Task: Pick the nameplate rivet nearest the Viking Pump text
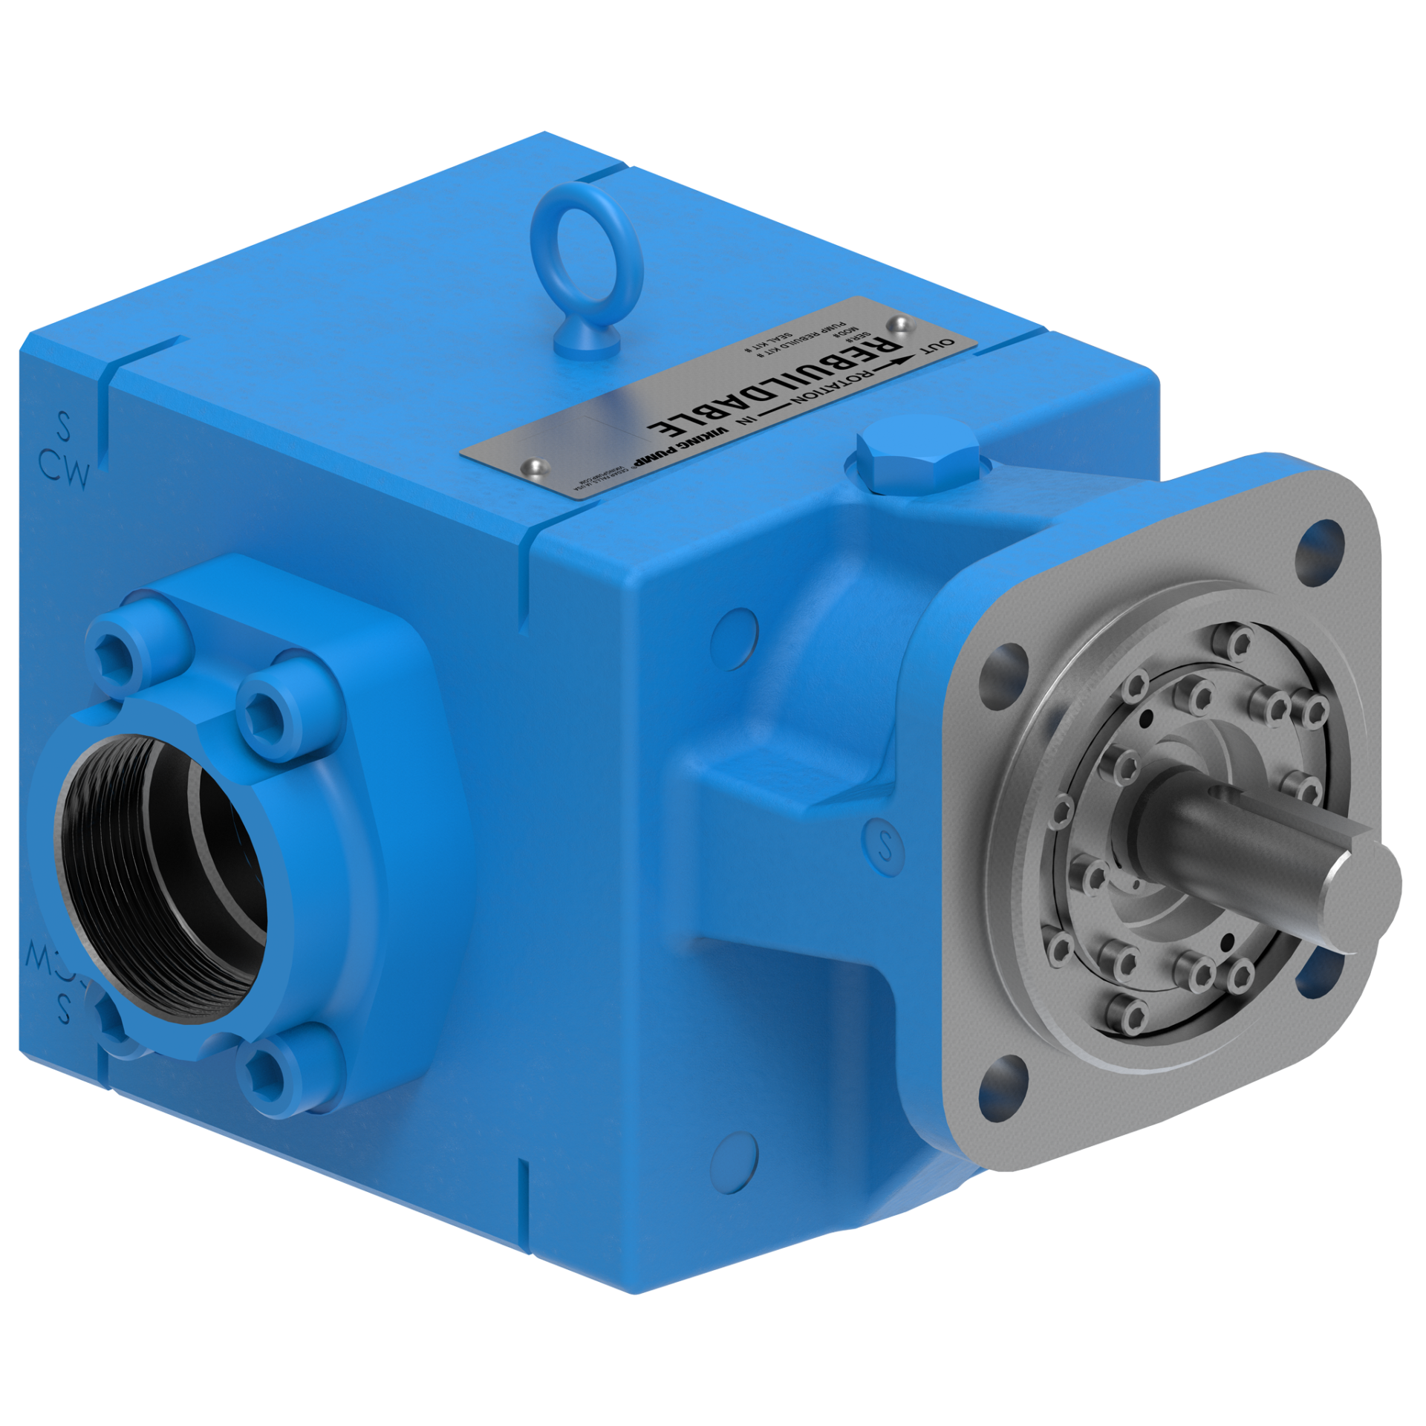(533, 466)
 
